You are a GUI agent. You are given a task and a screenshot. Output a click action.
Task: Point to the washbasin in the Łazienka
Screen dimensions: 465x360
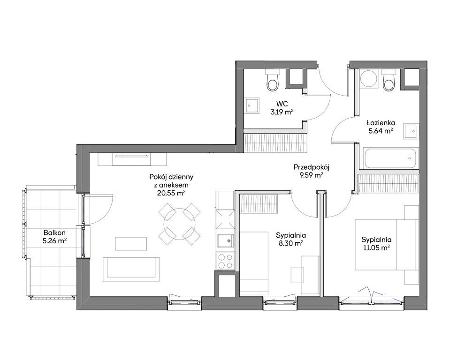[x=411, y=131]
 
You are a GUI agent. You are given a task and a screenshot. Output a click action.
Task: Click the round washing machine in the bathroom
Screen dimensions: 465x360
[x=369, y=79]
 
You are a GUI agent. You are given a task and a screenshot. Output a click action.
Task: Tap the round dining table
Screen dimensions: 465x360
[x=179, y=224]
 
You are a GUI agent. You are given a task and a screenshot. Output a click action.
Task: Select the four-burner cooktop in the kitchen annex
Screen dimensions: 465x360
[x=225, y=261]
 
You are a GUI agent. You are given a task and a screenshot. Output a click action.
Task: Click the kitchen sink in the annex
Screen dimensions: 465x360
[x=225, y=241]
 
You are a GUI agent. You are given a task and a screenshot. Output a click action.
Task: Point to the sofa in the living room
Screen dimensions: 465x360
[x=131, y=269]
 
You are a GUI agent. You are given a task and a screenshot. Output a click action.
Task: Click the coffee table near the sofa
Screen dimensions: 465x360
[x=131, y=244]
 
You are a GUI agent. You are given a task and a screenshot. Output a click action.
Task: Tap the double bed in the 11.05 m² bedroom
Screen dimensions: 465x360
[x=387, y=245]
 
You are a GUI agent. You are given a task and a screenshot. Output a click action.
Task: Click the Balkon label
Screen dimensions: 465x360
[x=54, y=233]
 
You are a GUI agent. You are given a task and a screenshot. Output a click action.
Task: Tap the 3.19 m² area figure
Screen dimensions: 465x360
[x=282, y=112]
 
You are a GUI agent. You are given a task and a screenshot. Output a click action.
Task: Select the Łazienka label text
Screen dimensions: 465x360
[x=381, y=123]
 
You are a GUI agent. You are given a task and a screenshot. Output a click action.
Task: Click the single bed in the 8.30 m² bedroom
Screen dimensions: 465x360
[x=254, y=264]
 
